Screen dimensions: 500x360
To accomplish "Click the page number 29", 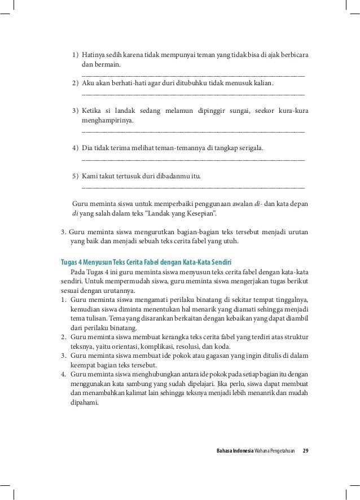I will coord(306,450).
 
